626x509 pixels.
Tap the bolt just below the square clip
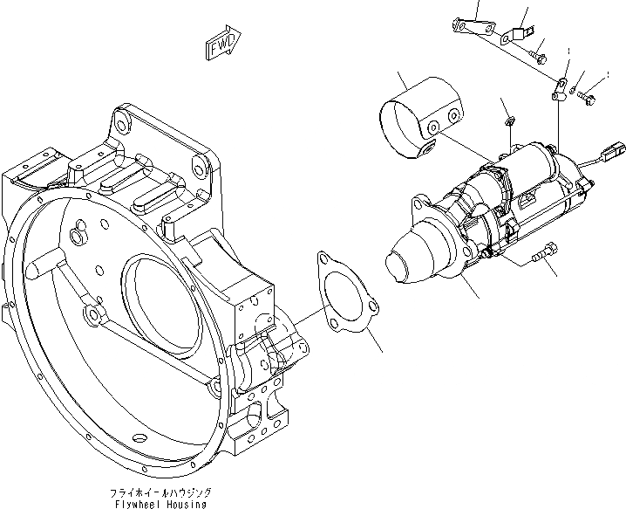pos(540,58)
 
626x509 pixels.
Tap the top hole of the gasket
pos(326,259)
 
